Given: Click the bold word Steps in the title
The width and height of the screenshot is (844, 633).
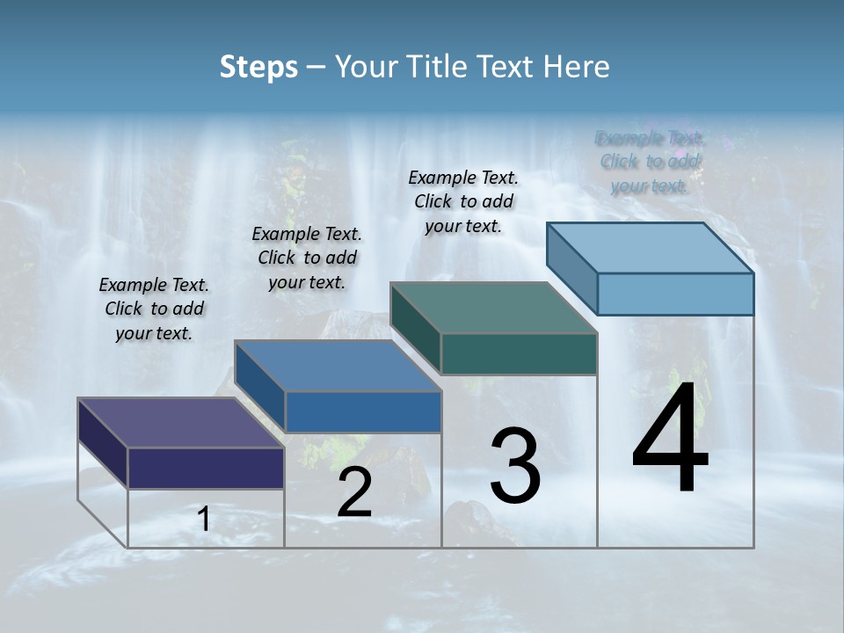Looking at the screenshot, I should click(258, 67).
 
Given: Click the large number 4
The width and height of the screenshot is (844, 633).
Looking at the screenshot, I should click(670, 439).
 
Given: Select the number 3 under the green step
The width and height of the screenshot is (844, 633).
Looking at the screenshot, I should click(515, 466).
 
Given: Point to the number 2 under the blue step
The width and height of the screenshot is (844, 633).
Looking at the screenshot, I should click(354, 493).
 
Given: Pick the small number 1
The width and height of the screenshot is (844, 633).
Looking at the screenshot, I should click(203, 520).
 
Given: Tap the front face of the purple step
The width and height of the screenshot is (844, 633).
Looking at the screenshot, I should click(206, 468).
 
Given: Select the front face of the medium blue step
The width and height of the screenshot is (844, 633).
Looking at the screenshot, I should click(363, 411).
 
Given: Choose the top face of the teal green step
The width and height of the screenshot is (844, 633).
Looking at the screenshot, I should click(493, 308).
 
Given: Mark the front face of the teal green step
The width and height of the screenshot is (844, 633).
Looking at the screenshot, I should click(519, 353).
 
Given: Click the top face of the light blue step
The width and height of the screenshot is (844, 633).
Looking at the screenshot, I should click(650, 248).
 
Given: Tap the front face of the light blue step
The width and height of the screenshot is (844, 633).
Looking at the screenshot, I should click(675, 294).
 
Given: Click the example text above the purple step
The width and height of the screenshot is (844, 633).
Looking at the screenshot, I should click(154, 309).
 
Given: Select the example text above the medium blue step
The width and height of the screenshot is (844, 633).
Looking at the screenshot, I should click(307, 258).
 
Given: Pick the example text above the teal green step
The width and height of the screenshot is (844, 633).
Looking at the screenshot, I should click(463, 201).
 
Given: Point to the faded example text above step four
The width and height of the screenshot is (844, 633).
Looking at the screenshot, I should click(650, 162).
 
